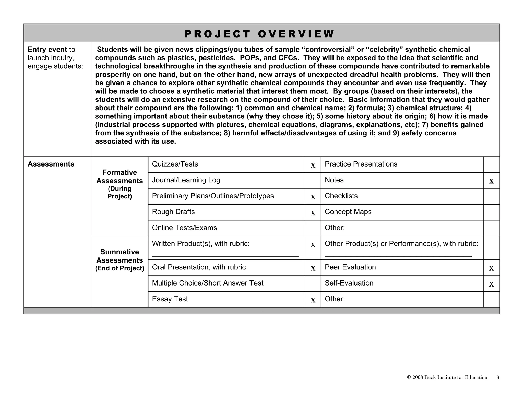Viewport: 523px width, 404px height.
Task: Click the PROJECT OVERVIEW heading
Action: click(259, 34)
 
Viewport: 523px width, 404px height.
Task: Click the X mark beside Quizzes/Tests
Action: click(313, 165)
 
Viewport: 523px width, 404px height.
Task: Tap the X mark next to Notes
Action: click(491, 181)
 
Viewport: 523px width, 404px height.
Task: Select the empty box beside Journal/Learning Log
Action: click(313, 181)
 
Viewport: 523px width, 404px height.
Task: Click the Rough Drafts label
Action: click(173, 212)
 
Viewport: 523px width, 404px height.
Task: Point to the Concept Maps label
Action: click(348, 212)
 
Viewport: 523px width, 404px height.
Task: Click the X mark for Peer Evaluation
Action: click(491, 268)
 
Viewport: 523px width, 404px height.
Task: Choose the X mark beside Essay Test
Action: click(313, 300)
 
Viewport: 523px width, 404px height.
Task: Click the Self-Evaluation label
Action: click(349, 283)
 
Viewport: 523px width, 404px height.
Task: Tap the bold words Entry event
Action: click(47, 50)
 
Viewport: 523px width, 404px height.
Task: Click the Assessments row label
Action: click(51, 164)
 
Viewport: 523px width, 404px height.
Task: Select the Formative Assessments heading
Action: click(120, 176)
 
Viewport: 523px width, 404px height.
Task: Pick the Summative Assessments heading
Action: click(120, 256)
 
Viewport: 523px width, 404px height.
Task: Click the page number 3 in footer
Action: click(498, 377)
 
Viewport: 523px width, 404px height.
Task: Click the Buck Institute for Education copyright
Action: click(447, 377)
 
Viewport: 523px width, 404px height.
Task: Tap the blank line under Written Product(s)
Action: click(225, 255)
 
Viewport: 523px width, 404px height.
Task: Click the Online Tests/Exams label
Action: click(184, 228)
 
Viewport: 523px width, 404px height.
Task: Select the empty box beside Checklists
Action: click(491, 196)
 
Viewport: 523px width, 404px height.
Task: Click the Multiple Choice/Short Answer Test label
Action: click(208, 283)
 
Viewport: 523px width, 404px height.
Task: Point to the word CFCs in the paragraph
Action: click(288, 58)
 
